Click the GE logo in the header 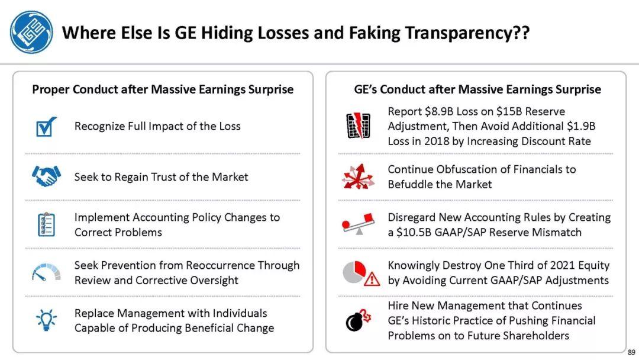[x=31, y=32]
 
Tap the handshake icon [x=46, y=176]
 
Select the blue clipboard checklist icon [x=46, y=224]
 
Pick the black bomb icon [x=358, y=320]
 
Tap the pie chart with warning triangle [x=361, y=273]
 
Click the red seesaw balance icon [x=358, y=224]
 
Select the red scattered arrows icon [x=358, y=176]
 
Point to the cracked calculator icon [x=358, y=125]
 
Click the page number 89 [x=631, y=352]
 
